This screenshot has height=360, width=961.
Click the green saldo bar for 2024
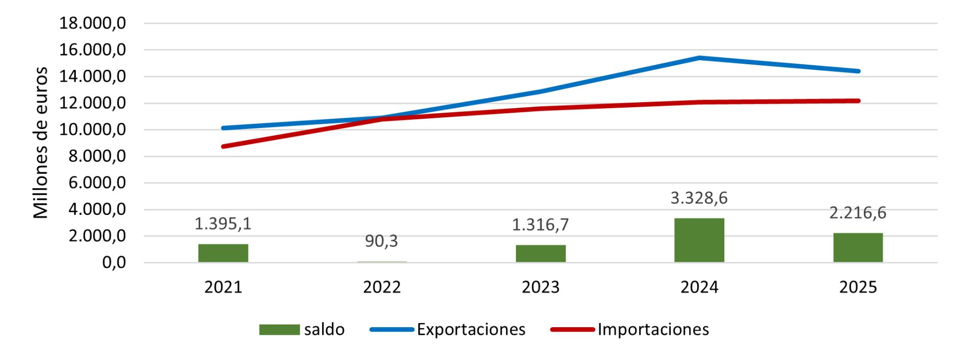point(699,240)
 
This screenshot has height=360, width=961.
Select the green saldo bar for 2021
point(223,253)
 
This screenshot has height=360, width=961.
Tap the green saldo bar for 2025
point(858,247)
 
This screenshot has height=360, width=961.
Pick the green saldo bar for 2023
point(541,253)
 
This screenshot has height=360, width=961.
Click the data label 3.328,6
point(699,198)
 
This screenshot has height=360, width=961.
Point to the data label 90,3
point(381,241)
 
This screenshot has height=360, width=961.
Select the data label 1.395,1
point(223,223)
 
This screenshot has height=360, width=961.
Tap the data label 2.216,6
point(858,213)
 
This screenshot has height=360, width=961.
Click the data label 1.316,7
point(541,224)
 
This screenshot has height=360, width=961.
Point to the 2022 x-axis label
point(381,287)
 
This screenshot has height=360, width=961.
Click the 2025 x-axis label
point(858,287)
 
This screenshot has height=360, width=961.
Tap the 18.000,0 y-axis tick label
point(93,23)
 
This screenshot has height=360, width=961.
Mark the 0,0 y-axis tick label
point(114,262)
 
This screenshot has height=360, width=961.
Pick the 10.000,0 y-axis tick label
point(93,130)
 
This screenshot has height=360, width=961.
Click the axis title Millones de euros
point(40,143)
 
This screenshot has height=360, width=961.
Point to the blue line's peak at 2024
point(700,58)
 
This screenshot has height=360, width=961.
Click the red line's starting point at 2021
point(223,147)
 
